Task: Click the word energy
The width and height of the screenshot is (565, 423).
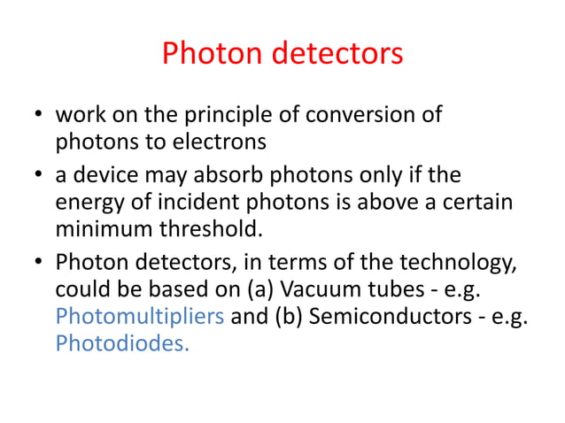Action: coord(86,204)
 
